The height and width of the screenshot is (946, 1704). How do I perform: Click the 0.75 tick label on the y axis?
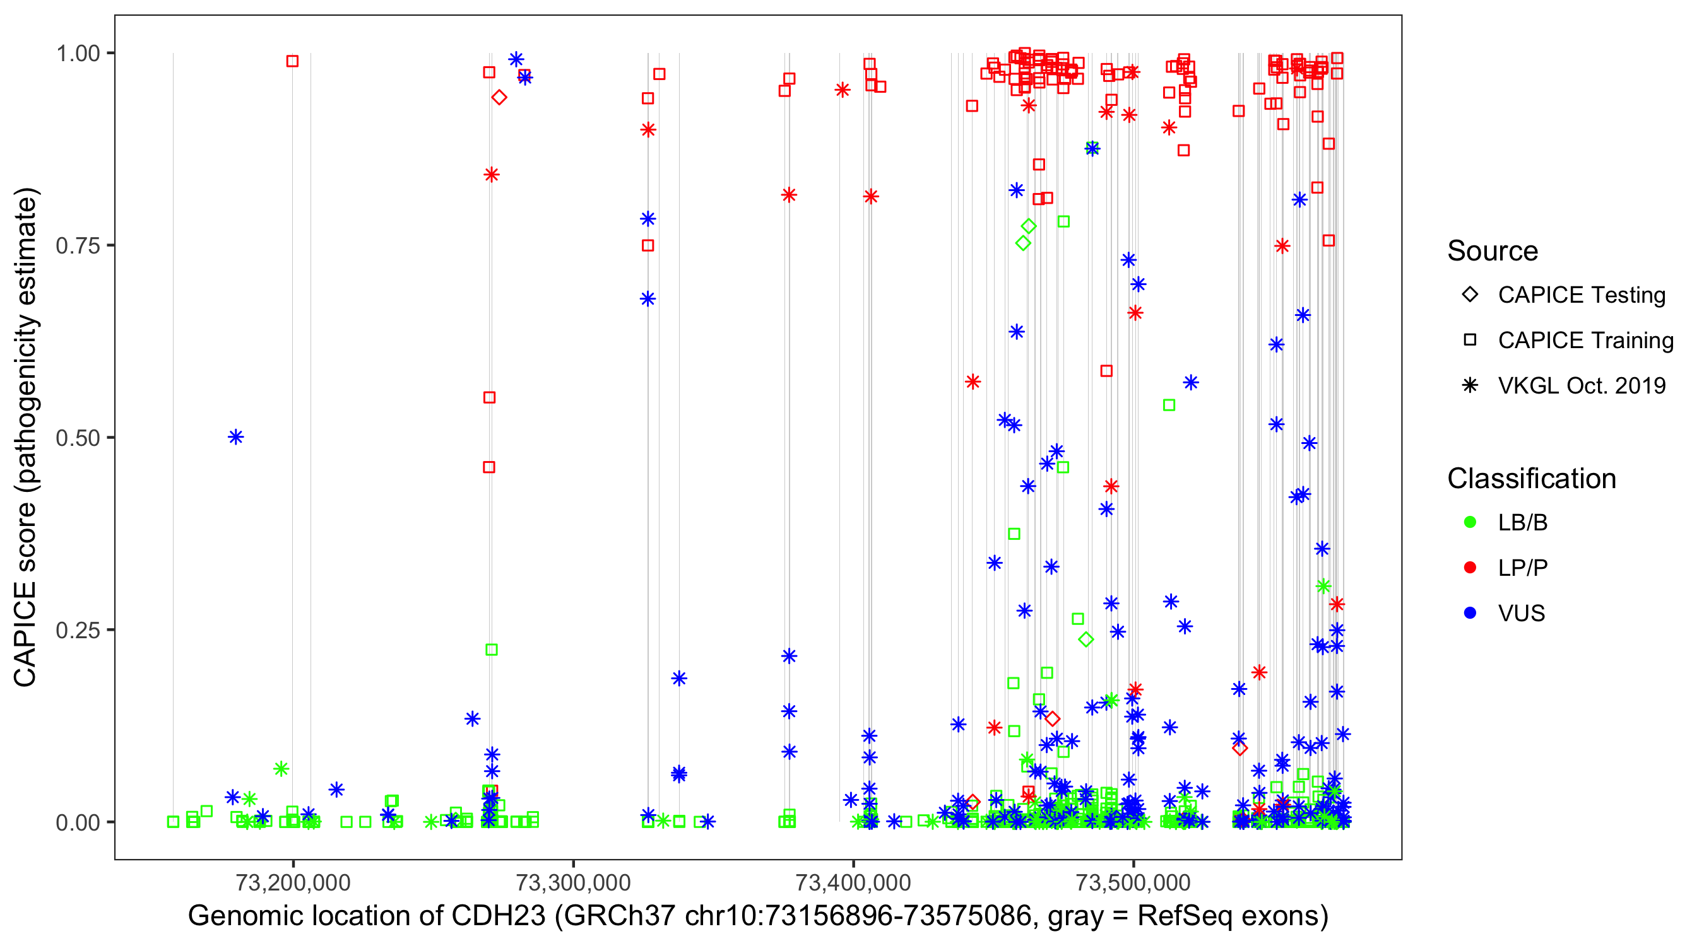point(77,246)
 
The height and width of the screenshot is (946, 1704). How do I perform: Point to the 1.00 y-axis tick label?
point(77,54)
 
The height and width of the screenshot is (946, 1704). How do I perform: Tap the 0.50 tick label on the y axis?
point(77,438)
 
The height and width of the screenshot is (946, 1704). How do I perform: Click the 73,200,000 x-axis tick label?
point(293,882)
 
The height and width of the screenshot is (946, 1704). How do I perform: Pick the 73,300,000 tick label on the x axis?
point(573,882)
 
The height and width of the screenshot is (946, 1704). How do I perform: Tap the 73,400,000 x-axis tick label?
point(853,882)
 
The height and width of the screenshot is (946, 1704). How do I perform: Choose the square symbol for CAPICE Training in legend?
point(1470,341)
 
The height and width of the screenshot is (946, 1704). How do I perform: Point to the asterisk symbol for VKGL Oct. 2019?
point(1470,385)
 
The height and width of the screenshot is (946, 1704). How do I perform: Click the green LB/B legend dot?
point(1470,523)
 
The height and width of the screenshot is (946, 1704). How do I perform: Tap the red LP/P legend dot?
point(1470,568)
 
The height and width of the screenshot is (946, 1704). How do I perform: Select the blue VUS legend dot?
point(1470,614)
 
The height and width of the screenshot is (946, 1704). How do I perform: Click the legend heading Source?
point(1493,251)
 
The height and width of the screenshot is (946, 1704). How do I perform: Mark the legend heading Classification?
point(1531,479)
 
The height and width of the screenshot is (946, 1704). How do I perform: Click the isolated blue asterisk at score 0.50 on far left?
point(236,438)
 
